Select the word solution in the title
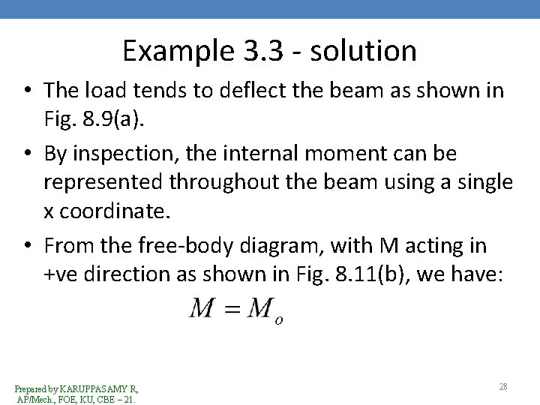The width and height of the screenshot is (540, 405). click(371, 51)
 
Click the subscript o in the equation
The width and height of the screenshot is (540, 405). click(279, 319)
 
